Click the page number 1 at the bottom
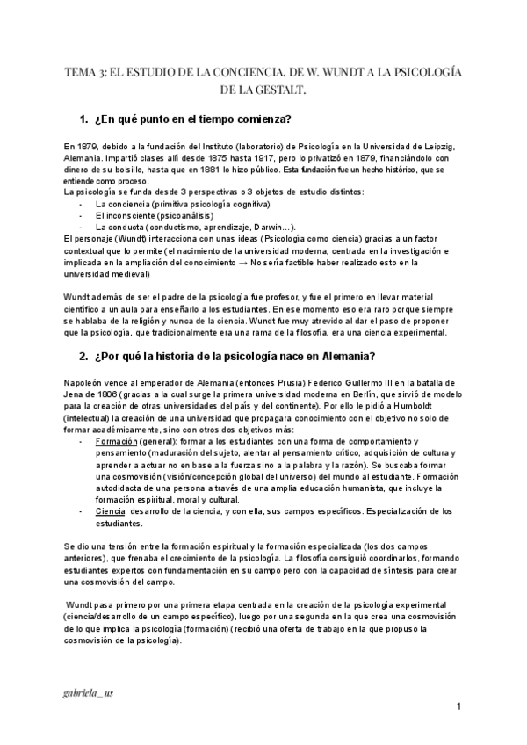458,707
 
